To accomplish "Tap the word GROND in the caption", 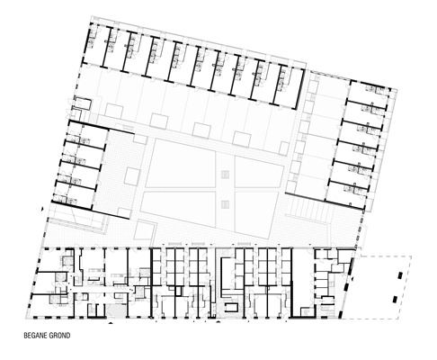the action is pos(59,335).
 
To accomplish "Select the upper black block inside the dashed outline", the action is pos(400,275).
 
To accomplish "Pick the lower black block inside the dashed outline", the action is pos(395,300).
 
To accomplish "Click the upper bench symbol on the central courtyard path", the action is pos(225,175).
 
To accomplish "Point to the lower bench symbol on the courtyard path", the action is pos(225,204).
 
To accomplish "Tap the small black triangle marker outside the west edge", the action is pos(42,209).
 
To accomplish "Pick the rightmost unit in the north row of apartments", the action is pos(288,86).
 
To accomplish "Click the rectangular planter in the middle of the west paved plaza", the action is pos(132,176).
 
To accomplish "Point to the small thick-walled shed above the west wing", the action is pos(82,103).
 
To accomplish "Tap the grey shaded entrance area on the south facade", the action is pos(116,310).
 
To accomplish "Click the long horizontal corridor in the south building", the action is pos(102,290).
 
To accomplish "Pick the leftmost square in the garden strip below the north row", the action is pos(113,111).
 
